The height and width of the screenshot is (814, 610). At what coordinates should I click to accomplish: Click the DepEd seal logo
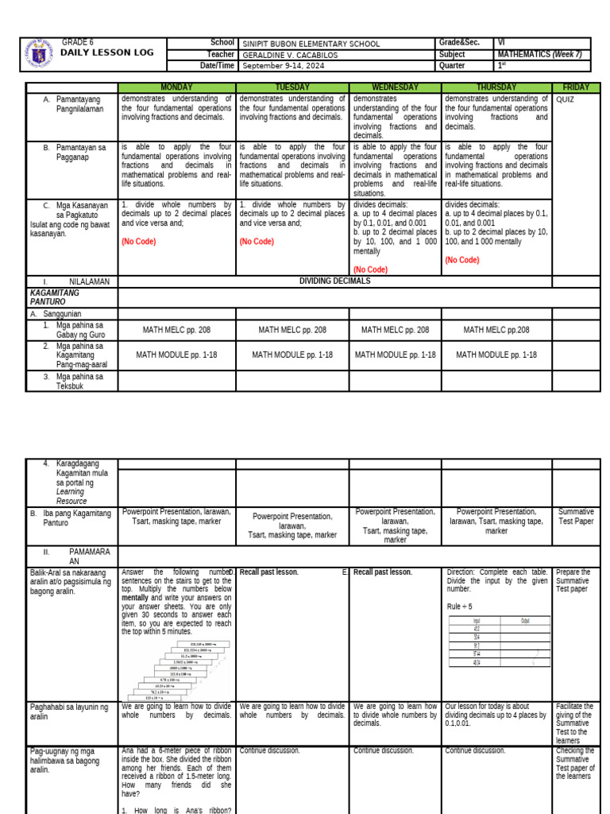pos(40,53)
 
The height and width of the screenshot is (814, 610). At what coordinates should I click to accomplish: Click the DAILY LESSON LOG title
pos(106,52)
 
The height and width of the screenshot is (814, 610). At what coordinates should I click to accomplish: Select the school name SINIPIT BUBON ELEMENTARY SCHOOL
pos(311,44)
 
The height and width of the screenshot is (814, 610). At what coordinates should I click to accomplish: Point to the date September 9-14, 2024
pos(284,66)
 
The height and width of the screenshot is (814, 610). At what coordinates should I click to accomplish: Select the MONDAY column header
pos(176,87)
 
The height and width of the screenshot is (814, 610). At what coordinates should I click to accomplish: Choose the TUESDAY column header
pos(291,87)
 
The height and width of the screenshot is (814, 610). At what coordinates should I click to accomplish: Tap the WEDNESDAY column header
pos(395,87)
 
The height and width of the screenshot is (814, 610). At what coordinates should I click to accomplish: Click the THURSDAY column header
pos(496,87)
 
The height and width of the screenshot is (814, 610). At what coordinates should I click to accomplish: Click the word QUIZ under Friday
pos(566,99)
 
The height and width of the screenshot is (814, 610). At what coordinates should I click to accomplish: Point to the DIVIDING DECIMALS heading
pos(334,281)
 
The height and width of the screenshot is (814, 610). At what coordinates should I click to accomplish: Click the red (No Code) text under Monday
pos(140,242)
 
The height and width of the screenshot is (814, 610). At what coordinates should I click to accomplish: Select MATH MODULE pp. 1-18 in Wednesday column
pos(395,355)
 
